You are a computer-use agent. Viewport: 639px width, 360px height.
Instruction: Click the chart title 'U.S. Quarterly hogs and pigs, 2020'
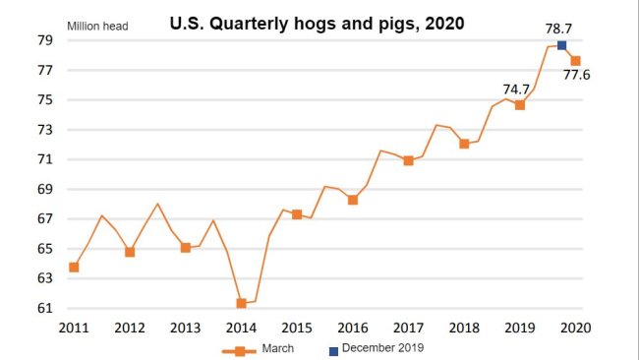318,21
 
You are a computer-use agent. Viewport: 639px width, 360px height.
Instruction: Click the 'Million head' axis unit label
97,26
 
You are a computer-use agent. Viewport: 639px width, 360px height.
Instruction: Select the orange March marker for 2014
241,304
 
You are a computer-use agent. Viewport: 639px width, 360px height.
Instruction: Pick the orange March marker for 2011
74,268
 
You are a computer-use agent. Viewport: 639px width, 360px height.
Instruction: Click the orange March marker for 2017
408,160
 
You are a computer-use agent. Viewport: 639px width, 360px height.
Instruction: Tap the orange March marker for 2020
575,61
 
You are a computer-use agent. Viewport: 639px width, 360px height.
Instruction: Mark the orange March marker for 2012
130,252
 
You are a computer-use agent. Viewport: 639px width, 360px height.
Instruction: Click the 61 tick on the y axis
45,308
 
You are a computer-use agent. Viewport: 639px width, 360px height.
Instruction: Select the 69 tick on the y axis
45,189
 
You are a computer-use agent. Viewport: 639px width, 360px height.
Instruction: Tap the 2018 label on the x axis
463,327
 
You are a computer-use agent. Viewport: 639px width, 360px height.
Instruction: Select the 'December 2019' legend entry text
384,347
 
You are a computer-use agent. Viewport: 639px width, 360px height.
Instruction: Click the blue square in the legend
333,347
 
